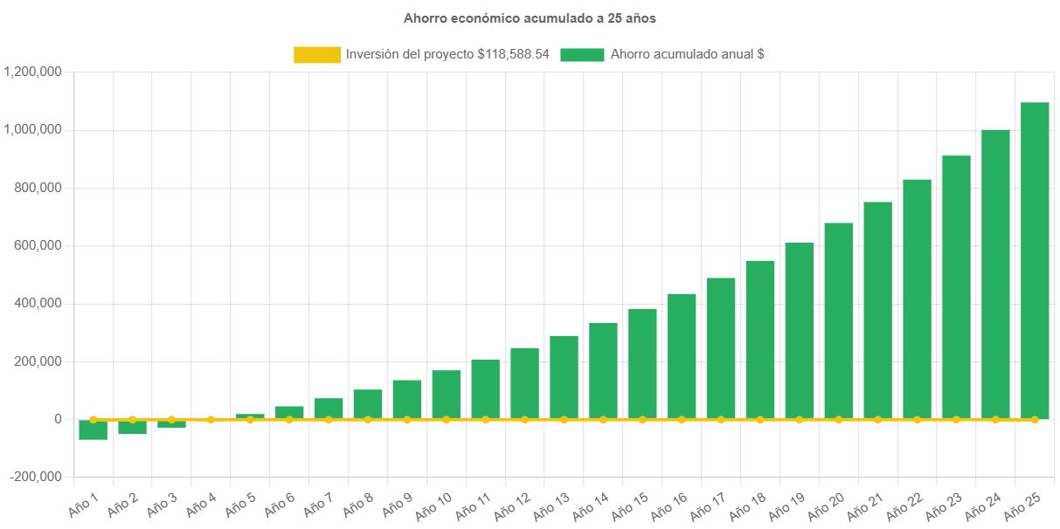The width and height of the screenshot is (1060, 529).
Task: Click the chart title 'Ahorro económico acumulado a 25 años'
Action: coord(530,17)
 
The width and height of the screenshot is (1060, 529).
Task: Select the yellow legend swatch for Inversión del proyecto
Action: coord(317,54)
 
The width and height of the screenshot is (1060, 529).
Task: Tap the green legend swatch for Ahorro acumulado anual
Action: coord(582,54)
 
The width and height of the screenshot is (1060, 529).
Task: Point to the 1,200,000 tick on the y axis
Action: coord(32,72)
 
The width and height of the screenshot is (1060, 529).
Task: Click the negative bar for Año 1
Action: coord(93,429)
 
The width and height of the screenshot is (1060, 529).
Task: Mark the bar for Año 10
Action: coord(446,395)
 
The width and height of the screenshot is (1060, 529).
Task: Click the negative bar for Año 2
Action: coord(132,427)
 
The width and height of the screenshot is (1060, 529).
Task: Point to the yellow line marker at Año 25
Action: coord(1035,420)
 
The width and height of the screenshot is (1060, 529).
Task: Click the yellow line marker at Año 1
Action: coord(93,419)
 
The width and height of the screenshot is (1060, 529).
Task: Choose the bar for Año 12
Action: coord(524,383)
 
